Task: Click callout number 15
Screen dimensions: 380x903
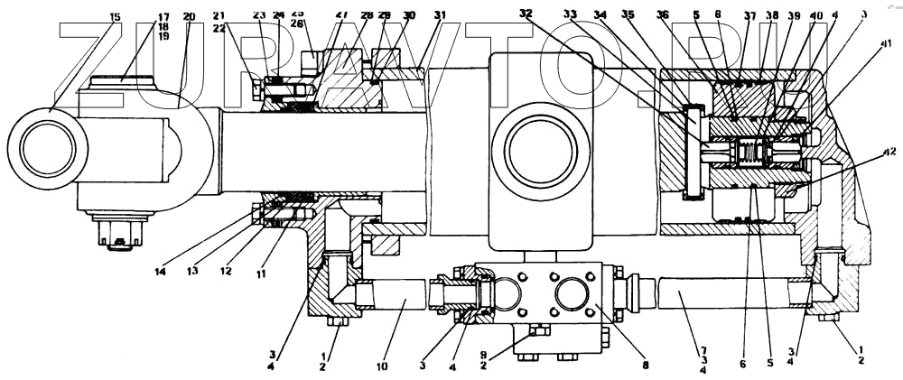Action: [114, 16]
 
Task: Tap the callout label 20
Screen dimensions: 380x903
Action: [189, 16]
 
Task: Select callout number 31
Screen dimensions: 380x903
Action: [440, 15]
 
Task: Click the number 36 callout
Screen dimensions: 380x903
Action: [688, 14]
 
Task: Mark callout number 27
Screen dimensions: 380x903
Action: [341, 15]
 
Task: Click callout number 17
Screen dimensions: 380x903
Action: [163, 16]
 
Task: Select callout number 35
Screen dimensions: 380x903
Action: [653, 14]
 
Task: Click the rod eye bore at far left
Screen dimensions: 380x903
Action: [48, 149]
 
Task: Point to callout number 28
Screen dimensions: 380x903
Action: [366, 15]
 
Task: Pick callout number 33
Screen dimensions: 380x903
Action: [595, 14]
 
